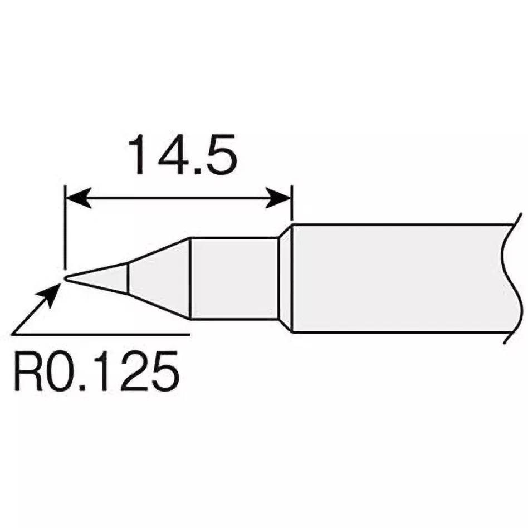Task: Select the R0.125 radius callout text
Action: pos(95,370)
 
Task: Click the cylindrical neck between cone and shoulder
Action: pos(234,278)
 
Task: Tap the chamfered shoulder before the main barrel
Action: pos(285,278)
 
